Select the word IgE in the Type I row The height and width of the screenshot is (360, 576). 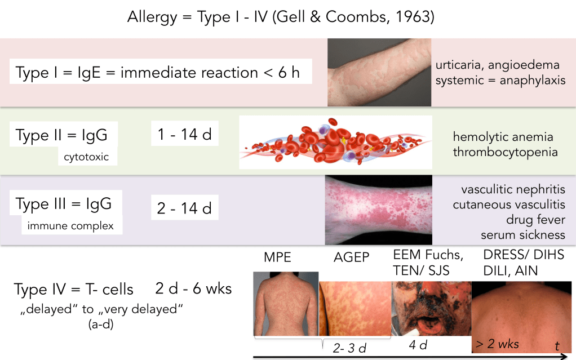point(89,73)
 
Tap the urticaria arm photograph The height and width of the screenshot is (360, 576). point(379,72)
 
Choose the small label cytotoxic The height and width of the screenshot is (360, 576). point(86,157)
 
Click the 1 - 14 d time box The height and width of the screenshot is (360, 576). point(185,134)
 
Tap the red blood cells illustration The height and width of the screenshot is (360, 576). point(335,142)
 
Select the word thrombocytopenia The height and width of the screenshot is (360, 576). point(505,152)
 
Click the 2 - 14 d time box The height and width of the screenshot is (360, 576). point(185,207)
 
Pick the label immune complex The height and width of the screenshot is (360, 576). point(70,225)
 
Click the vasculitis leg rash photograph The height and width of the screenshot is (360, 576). point(378,210)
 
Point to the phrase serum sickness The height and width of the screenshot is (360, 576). point(522,235)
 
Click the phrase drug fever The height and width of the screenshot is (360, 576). point(535,219)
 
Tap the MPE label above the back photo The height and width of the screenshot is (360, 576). point(277,257)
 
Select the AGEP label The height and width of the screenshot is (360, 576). point(351,257)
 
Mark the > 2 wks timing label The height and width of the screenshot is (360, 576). point(497,344)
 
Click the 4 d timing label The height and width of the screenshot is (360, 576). point(418,345)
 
